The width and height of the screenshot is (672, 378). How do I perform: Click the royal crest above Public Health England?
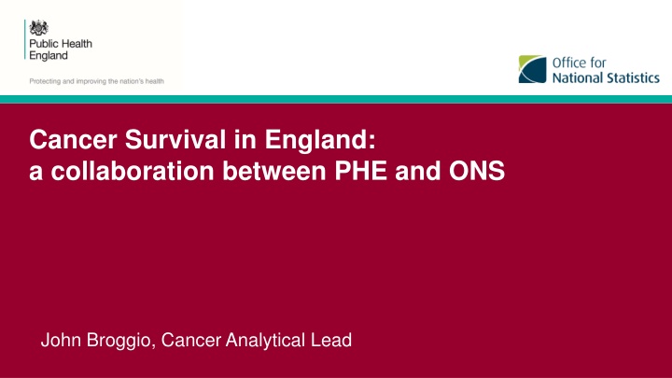pos(38,28)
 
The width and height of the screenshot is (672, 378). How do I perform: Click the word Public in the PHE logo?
pos(42,44)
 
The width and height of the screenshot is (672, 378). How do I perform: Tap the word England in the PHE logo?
pos(49,56)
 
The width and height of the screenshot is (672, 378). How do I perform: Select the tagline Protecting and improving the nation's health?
pos(96,81)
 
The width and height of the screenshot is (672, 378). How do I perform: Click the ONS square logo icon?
pos(532,69)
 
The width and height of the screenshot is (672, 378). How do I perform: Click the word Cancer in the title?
pos(74,140)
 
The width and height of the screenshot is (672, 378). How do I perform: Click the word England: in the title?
pos(320,141)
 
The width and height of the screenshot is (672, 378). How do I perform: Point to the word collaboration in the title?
pos(133,171)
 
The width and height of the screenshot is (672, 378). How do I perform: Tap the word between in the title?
pos(274,171)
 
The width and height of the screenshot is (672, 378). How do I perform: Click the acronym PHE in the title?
pos(361,171)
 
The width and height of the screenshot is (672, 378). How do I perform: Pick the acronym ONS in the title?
pos(477,171)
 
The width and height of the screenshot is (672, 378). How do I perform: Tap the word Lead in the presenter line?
pos(331,341)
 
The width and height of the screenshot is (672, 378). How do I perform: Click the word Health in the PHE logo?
pos(76,44)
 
